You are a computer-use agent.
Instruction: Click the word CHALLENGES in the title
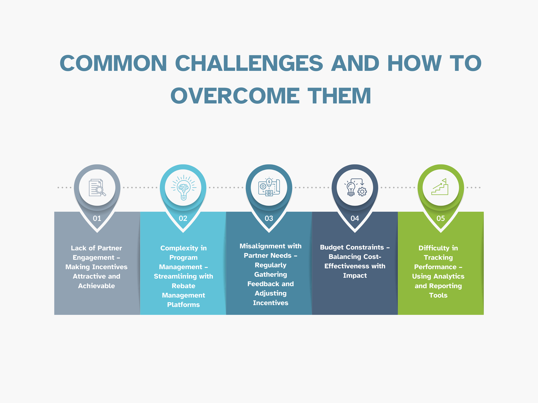tap(249, 63)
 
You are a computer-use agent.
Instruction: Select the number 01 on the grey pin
tap(97, 218)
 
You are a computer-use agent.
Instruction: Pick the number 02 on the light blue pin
tap(183, 218)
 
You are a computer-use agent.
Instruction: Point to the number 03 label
tap(269, 218)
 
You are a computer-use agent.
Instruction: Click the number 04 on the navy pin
tap(355, 218)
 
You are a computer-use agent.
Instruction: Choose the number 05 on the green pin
tap(441, 218)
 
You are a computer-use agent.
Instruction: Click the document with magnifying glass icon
tap(97, 188)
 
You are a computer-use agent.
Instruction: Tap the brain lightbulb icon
tap(183, 188)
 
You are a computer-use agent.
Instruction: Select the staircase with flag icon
tap(440, 187)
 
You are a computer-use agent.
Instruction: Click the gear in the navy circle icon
tap(362, 192)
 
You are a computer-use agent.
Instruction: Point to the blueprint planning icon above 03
tap(269, 187)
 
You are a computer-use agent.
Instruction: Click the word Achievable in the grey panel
tap(96, 286)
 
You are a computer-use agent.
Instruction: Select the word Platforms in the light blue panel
tap(183, 305)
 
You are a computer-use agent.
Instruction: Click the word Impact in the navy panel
tap(355, 275)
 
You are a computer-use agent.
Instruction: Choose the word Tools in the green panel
tap(438, 295)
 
